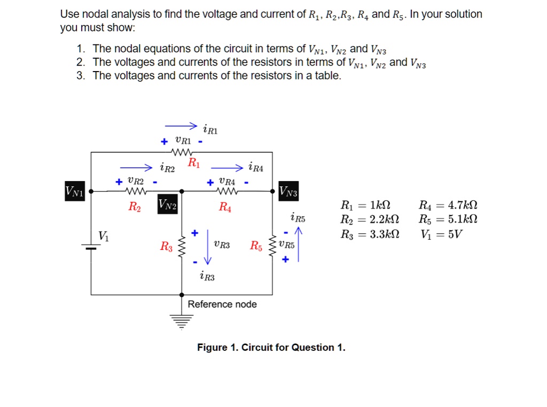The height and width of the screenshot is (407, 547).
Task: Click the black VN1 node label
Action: (x=74, y=191)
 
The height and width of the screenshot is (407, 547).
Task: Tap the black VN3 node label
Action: (x=289, y=191)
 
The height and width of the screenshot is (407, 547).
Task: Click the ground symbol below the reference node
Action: (x=182, y=320)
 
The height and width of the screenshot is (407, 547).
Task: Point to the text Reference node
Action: (x=222, y=304)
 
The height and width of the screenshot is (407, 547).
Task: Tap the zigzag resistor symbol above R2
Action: (x=135, y=191)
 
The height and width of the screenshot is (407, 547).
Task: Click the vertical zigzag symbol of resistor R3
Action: (x=182, y=247)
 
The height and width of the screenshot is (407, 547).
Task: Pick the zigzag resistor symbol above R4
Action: (x=226, y=191)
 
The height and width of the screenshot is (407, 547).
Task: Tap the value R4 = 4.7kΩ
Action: (x=448, y=205)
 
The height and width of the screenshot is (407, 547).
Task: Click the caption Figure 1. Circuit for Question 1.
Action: (x=271, y=348)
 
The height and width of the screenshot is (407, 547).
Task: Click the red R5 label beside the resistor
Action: (x=256, y=246)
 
